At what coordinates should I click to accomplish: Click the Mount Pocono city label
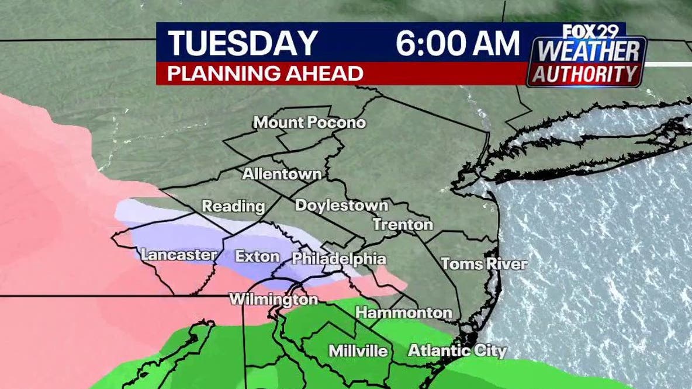[x=309, y=123]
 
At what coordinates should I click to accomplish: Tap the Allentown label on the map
[x=282, y=174]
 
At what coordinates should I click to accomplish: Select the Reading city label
[x=233, y=206]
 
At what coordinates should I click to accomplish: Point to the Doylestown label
[x=341, y=205]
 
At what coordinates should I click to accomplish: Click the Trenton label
[x=403, y=224]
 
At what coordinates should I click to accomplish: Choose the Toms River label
[x=484, y=263]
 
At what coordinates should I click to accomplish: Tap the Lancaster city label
[x=178, y=255]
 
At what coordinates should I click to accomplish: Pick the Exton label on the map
[x=257, y=256]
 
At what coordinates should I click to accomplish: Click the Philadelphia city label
[x=338, y=258]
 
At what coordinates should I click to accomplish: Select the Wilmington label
[x=274, y=300]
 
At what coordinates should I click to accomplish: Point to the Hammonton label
[x=403, y=312]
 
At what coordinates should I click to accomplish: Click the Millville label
[x=358, y=351]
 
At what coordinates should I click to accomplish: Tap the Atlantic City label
[x=457, y=351]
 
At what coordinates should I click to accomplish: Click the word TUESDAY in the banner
[x=243, y=44]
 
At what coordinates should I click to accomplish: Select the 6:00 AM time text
[x=458, y=44]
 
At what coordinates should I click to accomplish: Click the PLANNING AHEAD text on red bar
[x=266, y=74]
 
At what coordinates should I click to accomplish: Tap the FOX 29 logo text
[x=586, y=32]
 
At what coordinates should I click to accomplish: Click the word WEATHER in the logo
[x=587, y=51]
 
